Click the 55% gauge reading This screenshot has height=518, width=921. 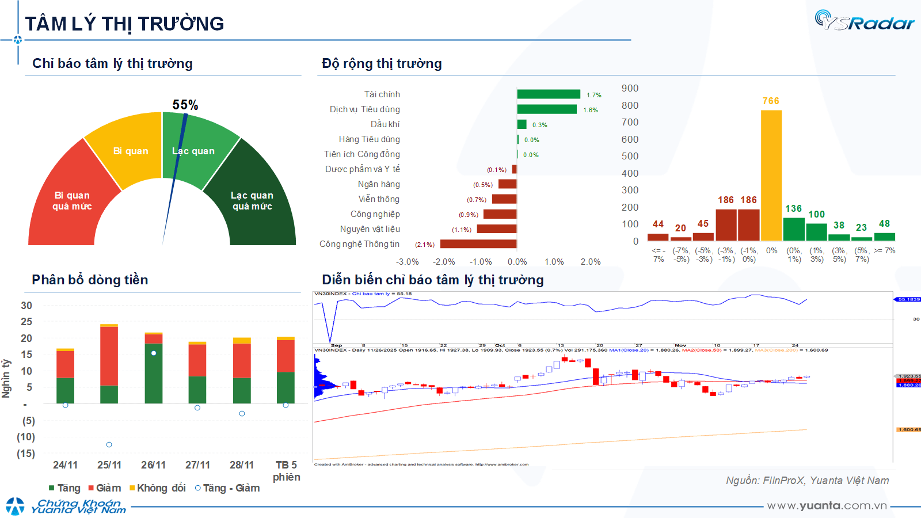[x=185, y=105]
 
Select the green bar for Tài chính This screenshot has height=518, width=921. [x=548, y=94]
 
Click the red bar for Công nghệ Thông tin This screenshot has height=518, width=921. [x=478, y=244]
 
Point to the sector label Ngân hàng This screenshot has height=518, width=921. [x=379, y=184]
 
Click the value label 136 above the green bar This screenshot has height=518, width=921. [x=793, y=208]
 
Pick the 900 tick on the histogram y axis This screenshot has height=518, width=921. [x=630, y=88]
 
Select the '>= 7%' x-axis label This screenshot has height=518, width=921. [x=885, y=250]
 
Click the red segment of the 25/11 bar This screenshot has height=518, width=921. [x=109, y=356]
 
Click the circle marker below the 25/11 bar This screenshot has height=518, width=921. [x=109, y=444]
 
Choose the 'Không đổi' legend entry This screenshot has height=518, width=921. [x=158, y=488]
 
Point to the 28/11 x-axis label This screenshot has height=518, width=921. [x=241, y=465]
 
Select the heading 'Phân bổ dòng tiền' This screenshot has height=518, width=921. [x=90, y=280]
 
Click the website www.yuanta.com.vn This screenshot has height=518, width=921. [x=827, y=505]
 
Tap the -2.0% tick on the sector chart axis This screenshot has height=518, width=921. [x=444, y=262]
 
